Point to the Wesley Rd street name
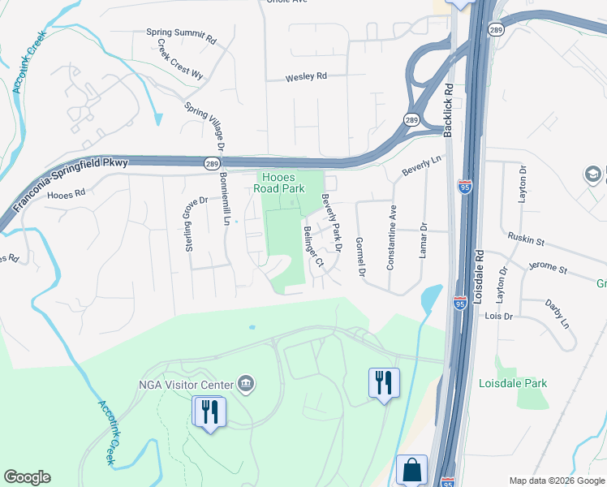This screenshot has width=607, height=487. [305, 77]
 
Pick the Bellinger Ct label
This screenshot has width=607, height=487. [313, 247]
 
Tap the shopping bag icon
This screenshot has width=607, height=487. [411, 470]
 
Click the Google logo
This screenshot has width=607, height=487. [27, 477]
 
